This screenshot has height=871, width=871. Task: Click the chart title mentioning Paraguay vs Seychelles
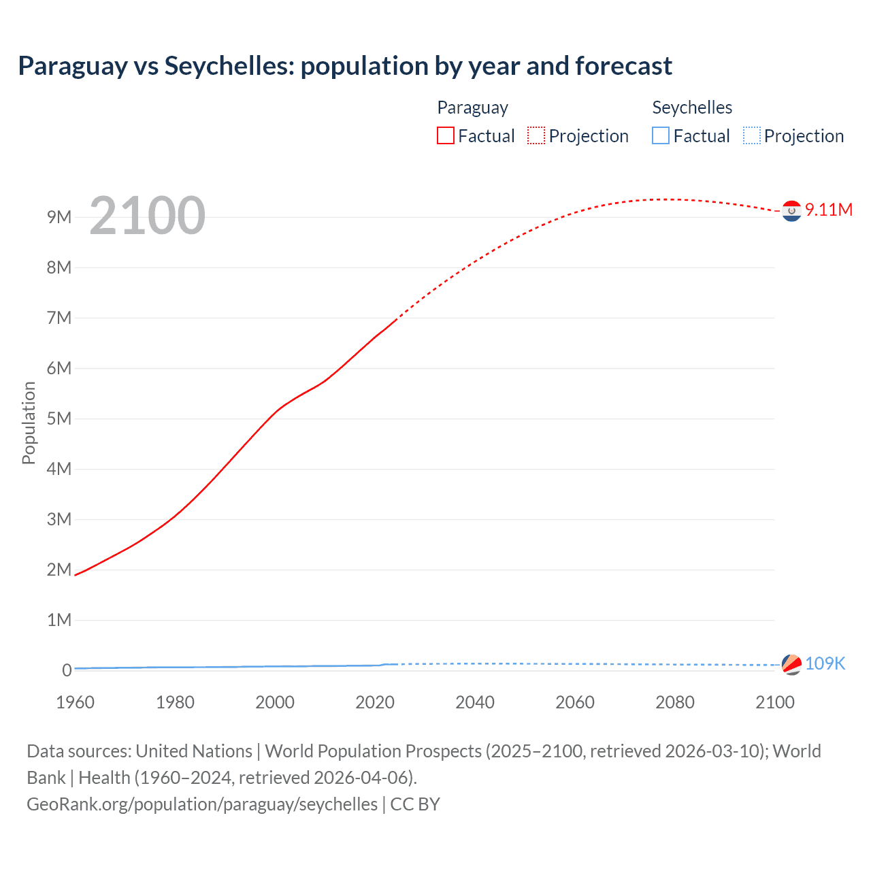click(345, 66)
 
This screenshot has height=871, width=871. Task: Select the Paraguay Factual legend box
click(446, 135)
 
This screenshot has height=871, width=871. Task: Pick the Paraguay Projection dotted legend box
click(536, 135)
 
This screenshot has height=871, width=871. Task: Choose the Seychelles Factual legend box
click(661, 135)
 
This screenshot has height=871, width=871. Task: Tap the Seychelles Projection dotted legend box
click(752, 135)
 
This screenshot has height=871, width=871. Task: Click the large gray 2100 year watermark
click(147, 216)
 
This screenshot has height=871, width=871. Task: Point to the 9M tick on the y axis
click(59, 217)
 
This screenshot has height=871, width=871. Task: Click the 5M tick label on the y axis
click(59, 418)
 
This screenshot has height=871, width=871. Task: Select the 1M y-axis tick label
click(59, 620)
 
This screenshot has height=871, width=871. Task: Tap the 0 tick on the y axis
click(67, 670)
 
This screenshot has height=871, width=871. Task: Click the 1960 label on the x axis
click(75, 702)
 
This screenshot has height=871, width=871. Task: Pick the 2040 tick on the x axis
click(475, 702)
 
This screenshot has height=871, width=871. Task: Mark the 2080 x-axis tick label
click(675, 702)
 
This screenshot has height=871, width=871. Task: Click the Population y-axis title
click(29, 423)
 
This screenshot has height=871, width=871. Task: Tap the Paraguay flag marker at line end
click(791, 212)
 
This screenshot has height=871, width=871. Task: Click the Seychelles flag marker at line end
click(791, 664)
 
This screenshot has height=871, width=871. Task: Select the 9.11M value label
click(828, 210)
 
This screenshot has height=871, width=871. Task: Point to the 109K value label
click(825, 663)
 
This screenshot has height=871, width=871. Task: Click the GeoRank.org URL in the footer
click(202, 804)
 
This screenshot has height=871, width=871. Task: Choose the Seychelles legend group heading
click(692, 108)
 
